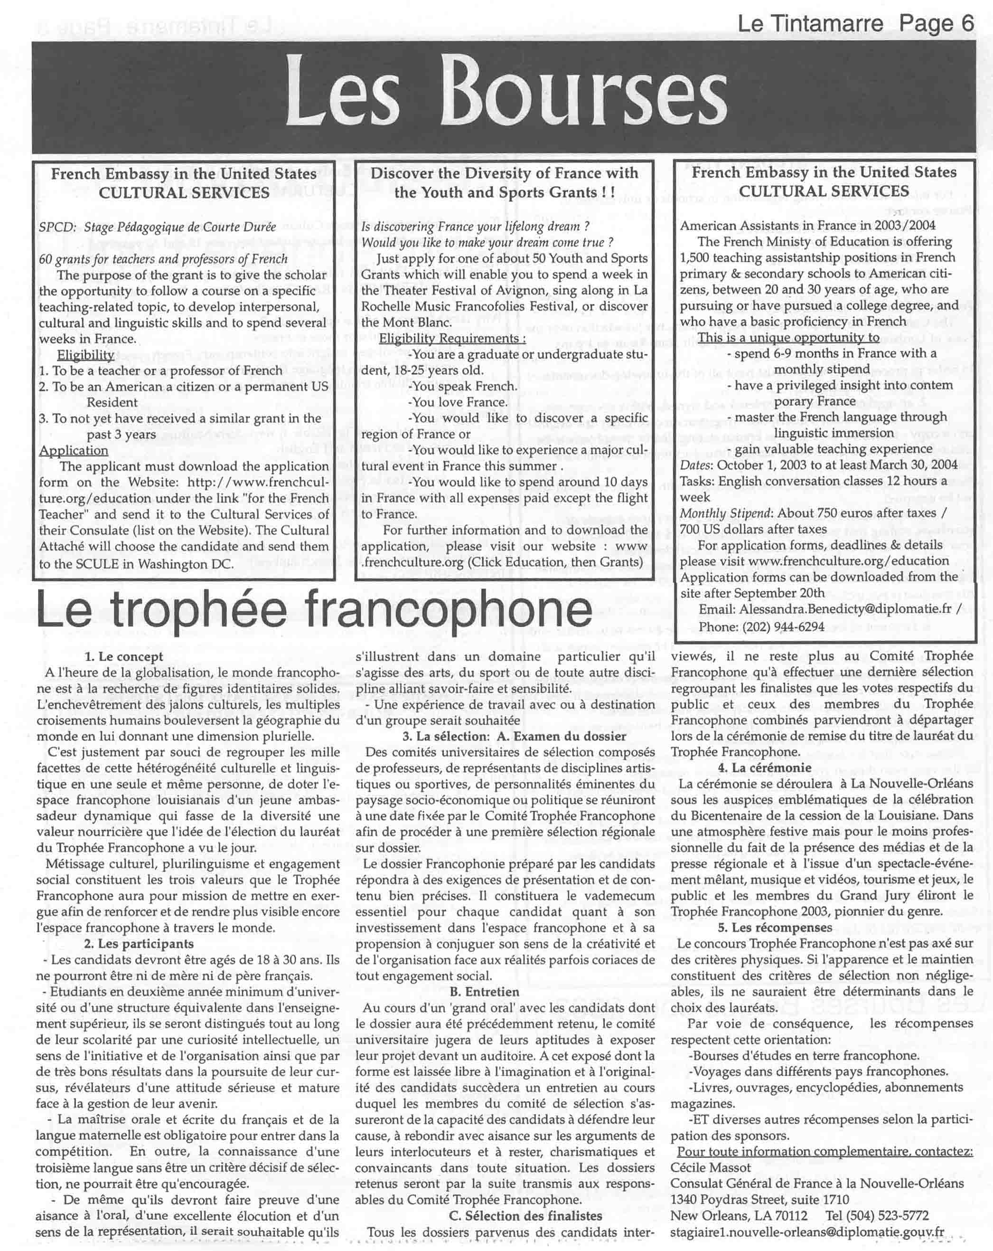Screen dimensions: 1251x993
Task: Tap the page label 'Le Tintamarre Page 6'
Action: click(x=855, y=24)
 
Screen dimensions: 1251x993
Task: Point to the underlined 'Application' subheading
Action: click(x=74, y=450)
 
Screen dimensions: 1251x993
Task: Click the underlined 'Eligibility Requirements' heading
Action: click(x=452, y=338)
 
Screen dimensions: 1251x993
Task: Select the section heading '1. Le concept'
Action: click(x=123, y=657)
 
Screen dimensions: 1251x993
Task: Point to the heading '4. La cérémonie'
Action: click(x=765, y=768)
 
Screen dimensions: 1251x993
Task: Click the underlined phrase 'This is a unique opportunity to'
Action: click(x=788, y=338)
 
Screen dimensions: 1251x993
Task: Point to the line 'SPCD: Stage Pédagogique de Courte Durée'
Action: click(x=157, y=227)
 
